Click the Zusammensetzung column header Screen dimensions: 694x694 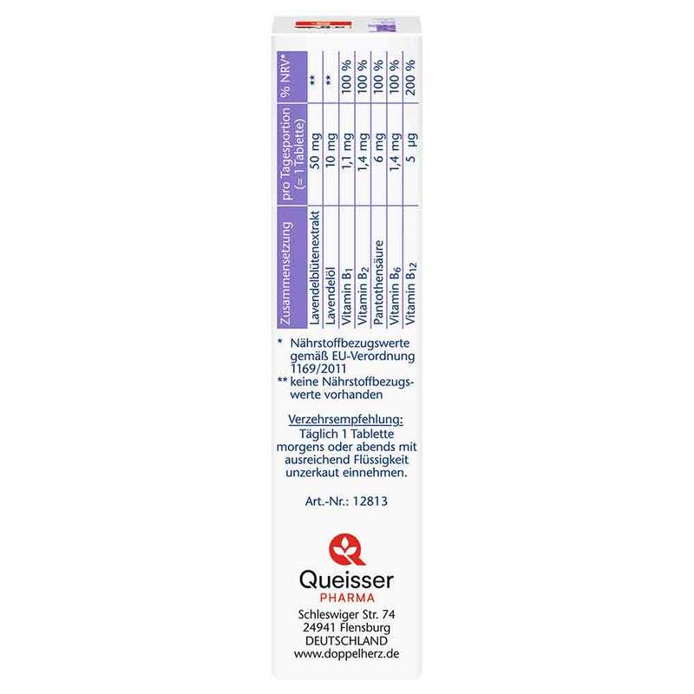[286, 274]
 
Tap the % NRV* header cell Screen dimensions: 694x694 [286, 76]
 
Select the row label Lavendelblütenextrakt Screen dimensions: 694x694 [315, 268]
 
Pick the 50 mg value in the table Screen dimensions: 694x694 [315, 151]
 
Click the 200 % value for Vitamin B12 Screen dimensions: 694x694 [410, 77]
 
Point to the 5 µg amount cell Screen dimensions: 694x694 [411, 147]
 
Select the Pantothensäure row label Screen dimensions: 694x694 [379, 283]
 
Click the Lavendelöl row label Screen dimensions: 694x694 [331, 296]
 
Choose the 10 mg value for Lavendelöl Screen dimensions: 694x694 [331, 150]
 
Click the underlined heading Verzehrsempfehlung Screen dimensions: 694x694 [345, 419]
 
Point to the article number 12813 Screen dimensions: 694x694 [370, 501]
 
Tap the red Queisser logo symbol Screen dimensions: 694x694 [346, 549]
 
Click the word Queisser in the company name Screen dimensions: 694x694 [346, 580]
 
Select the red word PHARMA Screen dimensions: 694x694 [347, 598]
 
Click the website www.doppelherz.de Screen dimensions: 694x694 [346, 654]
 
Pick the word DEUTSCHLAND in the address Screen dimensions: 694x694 [346, 640]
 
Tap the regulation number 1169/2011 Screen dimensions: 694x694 [318, 369]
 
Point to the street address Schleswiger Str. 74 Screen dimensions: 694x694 [346, 614]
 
